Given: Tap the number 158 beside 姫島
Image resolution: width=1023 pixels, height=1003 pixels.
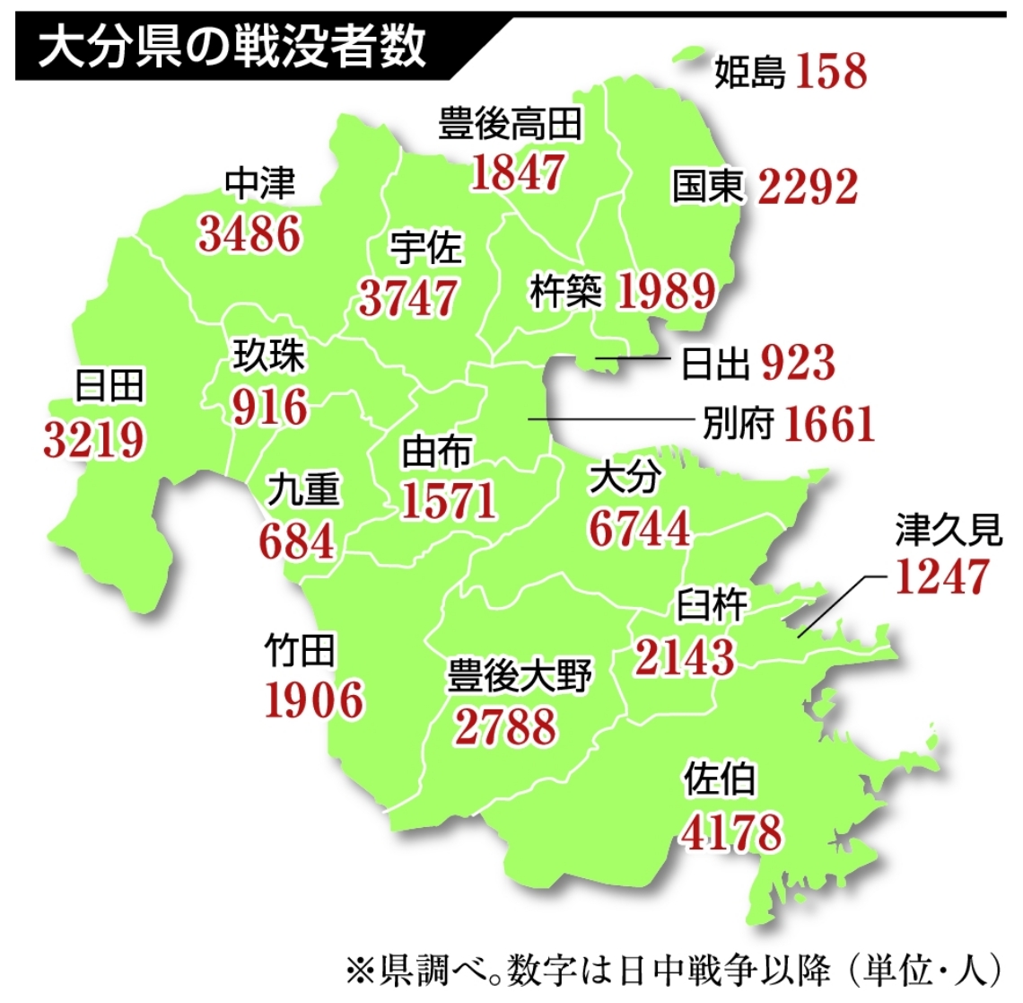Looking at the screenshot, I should click(x=831, y=71).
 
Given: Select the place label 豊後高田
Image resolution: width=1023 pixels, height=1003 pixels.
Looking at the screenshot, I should click(x=510, y=124).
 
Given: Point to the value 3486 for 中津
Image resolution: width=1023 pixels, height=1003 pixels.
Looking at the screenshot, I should click(x=249, y=233).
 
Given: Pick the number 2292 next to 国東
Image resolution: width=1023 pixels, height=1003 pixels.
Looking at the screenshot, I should click(x=808, y=187).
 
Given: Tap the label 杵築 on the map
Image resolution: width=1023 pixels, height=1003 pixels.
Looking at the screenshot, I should click(x=565, y=291).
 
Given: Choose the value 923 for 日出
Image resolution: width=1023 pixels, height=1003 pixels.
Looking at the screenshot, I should click(x=798, y=362).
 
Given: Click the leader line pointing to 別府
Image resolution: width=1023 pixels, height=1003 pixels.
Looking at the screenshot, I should click(x=610, y=419).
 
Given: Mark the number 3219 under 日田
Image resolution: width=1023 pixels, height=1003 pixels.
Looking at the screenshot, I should click(x=93, y=439).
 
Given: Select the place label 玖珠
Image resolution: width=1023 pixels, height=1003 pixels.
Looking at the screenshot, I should click(x=268, y=356).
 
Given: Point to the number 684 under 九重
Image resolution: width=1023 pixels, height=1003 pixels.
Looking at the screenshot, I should click(x=296, y=541).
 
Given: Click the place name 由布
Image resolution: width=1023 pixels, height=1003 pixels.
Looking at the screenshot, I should click(x=436, y=452).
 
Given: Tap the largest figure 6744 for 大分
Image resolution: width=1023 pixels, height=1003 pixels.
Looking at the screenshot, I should click(x=639, y=528).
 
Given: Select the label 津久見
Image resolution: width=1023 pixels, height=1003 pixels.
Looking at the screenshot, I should click(x=948, y=530).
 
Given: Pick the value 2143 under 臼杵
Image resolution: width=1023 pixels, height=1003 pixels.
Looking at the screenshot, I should click(x=685, y=656).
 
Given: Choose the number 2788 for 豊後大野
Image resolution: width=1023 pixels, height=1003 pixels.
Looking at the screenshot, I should click(x=505, y=726).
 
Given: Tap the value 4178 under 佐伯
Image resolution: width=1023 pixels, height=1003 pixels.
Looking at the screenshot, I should click(x=731, y=831).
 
